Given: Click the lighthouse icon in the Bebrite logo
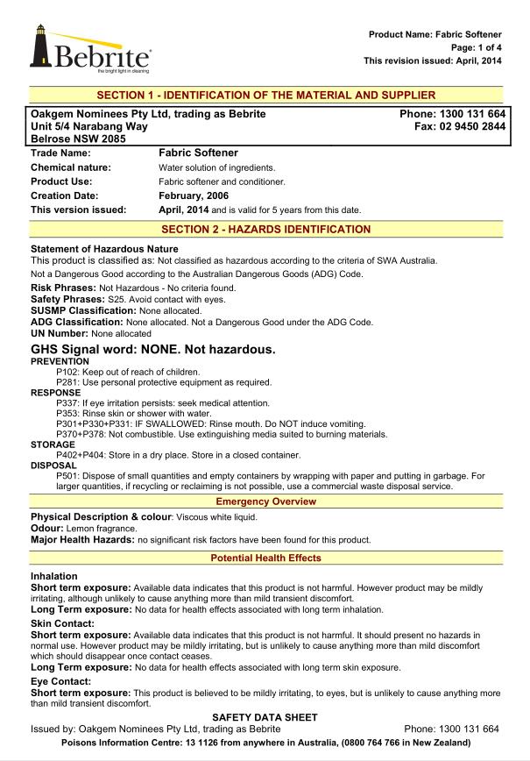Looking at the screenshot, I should pos(40,46).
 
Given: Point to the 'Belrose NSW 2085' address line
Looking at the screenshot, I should pos(78,139).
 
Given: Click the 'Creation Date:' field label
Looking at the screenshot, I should pos(64,196).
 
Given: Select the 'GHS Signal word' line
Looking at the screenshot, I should pos(153,349).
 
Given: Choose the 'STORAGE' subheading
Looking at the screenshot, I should pos(53,445).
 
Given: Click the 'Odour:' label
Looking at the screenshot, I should pos(48,529).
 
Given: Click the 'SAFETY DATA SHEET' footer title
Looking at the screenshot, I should pos(265,717).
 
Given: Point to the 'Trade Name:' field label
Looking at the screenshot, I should pos(60,153).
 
